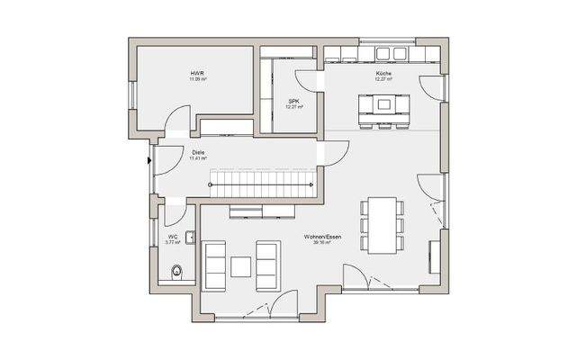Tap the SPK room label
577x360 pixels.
tap(293, 100)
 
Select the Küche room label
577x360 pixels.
tap(383, 73)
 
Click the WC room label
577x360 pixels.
tap(172, 237)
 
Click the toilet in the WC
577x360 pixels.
tap(178, 269)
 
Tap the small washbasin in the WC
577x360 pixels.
tap(190, 238)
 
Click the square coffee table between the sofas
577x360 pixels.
tap(240, 266)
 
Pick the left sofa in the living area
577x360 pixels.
tap(214, 263)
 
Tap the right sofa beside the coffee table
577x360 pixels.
tap(267, 263)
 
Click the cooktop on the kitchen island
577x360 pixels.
tap(384, 103)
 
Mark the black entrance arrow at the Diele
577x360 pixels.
tap(149, 162)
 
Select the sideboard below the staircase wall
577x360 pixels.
tap(263, 211)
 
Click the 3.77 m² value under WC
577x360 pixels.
tap(172, 243)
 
